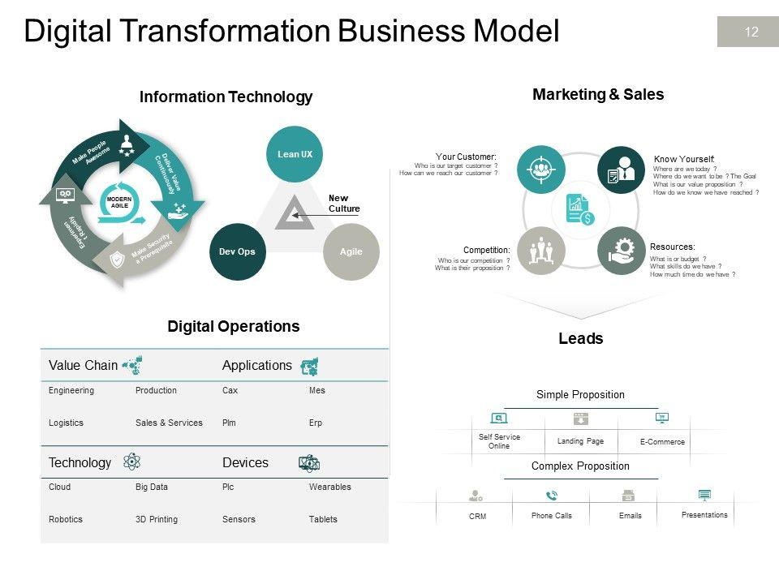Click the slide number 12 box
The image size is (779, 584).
point(747,32)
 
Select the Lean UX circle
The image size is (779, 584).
point(295,154)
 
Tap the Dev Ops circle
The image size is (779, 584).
point(237,251)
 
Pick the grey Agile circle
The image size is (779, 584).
point(351,251)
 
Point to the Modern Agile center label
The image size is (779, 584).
point(120,202)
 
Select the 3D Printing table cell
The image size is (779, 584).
point(157,519)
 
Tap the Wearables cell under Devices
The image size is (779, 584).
point(330,487)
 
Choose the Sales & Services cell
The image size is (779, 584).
point(169,423)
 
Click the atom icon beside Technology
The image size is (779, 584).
point(131,462)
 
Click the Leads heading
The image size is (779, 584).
point(581,339)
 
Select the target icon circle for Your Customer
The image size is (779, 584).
point(541,170)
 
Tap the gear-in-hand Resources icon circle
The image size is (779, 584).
point(622,251)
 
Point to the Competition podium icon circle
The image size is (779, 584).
point(541,251)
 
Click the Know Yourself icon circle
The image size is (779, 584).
point(622,170)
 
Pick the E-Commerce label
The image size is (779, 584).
point(662,442)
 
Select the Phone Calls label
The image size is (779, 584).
point(552,516)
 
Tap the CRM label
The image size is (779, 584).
point(478,517)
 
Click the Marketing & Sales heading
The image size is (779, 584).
point(598,94)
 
